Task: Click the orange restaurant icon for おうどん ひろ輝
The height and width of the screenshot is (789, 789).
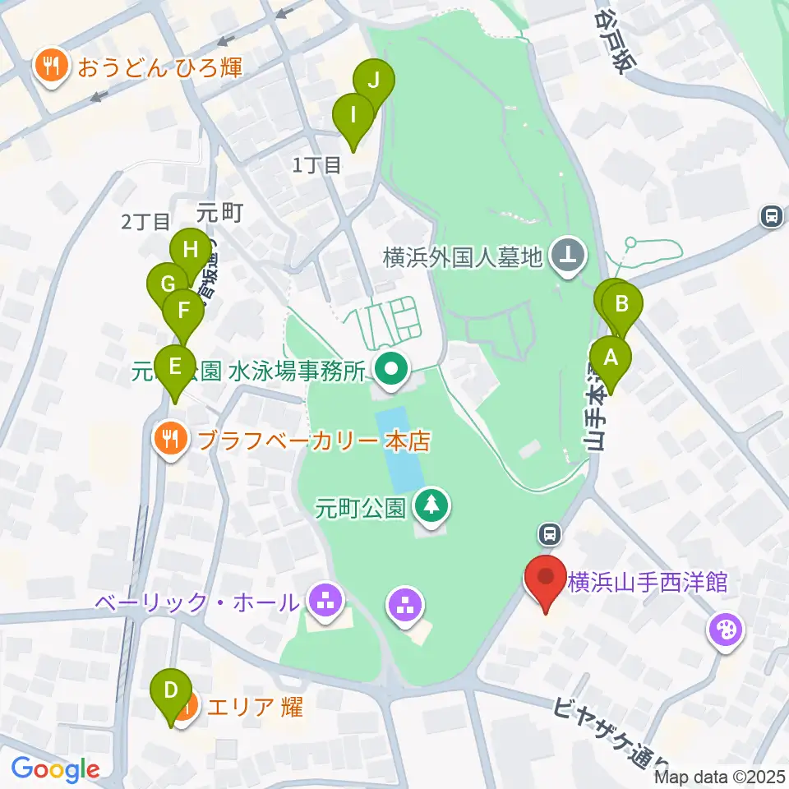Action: [52, 67]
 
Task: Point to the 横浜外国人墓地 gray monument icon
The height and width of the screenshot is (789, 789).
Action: [567, 256]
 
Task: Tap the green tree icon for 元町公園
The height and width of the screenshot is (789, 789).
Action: [430, 505]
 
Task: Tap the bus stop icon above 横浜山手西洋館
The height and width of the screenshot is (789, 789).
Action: [549, 535]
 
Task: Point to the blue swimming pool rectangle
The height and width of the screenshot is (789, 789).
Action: [399, 448]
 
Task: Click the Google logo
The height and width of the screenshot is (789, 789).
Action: [55, 769]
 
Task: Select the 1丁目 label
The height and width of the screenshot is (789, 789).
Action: [317, 165]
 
